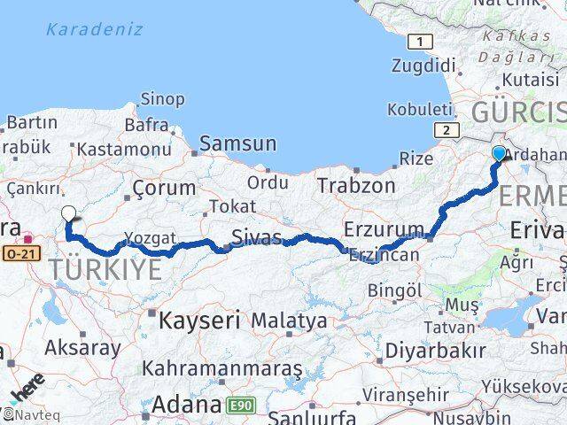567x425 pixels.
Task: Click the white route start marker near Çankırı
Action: pos(69,212)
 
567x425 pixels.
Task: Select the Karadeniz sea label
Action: pos(93,29)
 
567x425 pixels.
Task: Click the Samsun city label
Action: pos(237,143)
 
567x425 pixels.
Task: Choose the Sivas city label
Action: pos(256,237)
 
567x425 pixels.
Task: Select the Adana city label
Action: pos(186,406)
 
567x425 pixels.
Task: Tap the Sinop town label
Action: pos(162,98)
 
